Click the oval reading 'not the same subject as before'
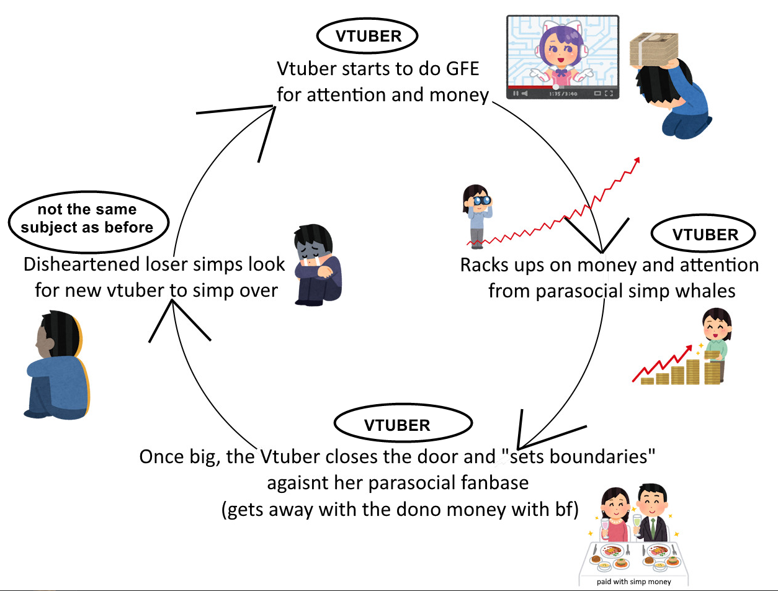[x=89, y=219]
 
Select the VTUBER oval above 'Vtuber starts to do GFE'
[x=368, y=36]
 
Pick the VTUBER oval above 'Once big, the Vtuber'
[x=397, y=425]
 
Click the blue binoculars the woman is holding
[x=481, y=201]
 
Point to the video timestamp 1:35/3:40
[x=563, y=94]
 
